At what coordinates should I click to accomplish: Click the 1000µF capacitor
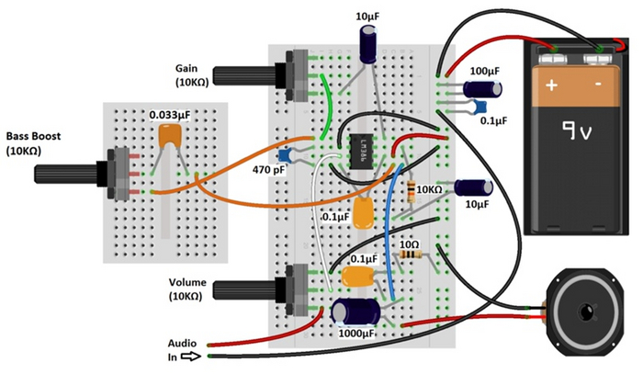point(354,310)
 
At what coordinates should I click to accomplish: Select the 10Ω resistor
point(412,255)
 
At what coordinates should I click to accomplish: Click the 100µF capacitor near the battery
point(481,88)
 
